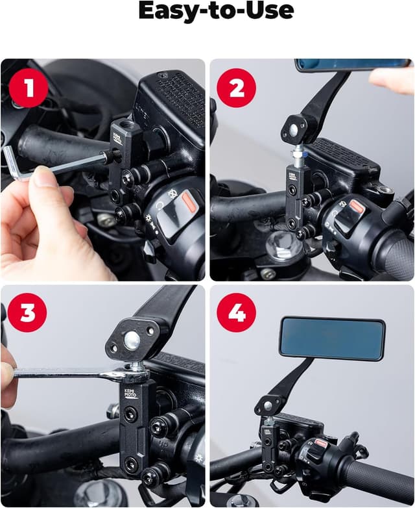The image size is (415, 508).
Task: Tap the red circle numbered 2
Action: pyautogui.click(x=236, y=88)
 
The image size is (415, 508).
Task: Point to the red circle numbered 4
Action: pyautogui.click(x=236, y=314)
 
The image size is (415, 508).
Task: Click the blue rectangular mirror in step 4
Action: pyautogui.click(x=331, y=338)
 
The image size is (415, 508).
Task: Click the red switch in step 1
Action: pyautogui.click(x=188, y=200)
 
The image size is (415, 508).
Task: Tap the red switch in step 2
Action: pyautogui.click(x=357, y=206)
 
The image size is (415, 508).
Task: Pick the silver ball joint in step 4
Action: pyautogui.click(x=268, y=406)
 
